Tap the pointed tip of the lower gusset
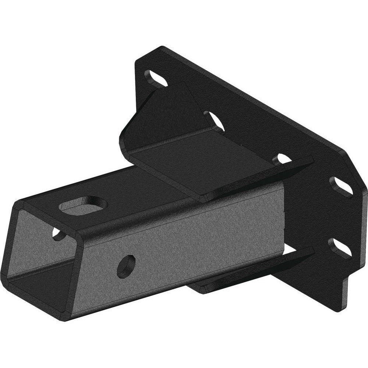coord(312,250)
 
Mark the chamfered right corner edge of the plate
coord(351,162)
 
